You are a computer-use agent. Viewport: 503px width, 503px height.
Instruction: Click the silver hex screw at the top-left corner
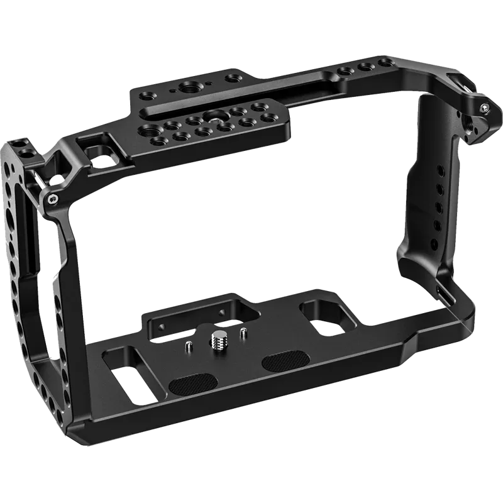pyautogui.click(x=52, y=199)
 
